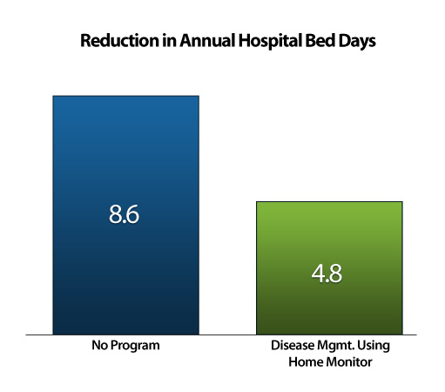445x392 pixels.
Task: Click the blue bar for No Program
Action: click(125, 215)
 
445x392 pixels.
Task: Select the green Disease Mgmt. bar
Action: click(329, 268)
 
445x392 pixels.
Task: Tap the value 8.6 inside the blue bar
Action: click(124, 214)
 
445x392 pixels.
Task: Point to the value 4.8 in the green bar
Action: click(327, 274)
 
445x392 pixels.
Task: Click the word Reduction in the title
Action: click(119, 40)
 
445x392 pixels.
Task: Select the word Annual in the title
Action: click(207, 40)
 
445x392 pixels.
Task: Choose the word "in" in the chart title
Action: click(169, 40)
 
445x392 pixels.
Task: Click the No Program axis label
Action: click(125, 346)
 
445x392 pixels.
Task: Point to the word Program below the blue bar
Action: click(135, 346)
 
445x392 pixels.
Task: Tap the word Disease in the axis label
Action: click(293, 345)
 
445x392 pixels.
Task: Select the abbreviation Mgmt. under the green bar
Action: click(336, 347)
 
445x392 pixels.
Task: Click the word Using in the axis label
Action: click(374, 347)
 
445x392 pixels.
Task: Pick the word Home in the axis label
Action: click(306, 362)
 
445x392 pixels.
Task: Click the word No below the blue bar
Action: click(99, 345)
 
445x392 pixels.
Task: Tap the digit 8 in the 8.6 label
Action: click(115, 214)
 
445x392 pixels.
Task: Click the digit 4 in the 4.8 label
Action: click(318, 274)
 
